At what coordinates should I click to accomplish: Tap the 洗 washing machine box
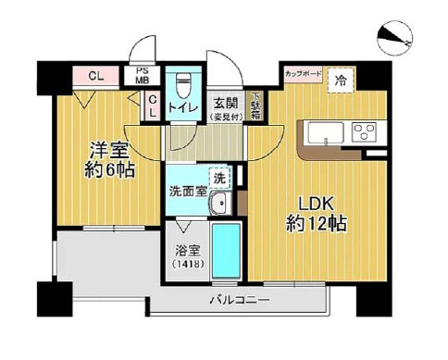[x=219, y=176]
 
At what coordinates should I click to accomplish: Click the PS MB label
[x=143, y=75]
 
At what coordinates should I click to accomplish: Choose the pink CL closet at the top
[x=94, y=76]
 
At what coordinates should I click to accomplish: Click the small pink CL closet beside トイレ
[x=153, y=106]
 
